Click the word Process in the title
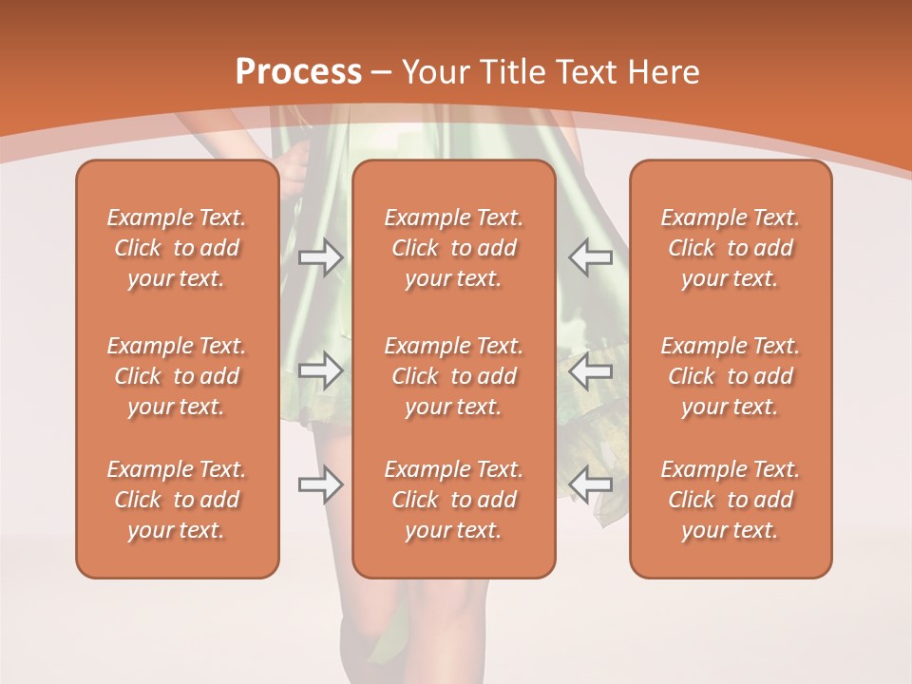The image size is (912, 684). (298, 72)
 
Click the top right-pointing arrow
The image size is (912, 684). (321, 257)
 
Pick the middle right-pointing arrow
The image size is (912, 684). (321, 371)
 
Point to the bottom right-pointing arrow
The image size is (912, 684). (321, 484)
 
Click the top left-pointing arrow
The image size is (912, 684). (591, 257)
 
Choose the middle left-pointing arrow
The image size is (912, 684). (591, 371)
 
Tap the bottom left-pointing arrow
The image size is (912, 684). (591, 484)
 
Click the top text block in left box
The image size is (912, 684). (177, 248)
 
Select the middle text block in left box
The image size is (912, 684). (177, 376)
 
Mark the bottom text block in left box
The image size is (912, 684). (177, 500)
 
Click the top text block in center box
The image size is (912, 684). (454, 248)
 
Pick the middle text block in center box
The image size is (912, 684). (454, 376)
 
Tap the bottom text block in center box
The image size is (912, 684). (454, 500)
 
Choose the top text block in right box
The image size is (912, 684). (731, 248)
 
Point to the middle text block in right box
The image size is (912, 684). (731, 376)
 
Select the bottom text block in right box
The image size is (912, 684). (731, 500)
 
